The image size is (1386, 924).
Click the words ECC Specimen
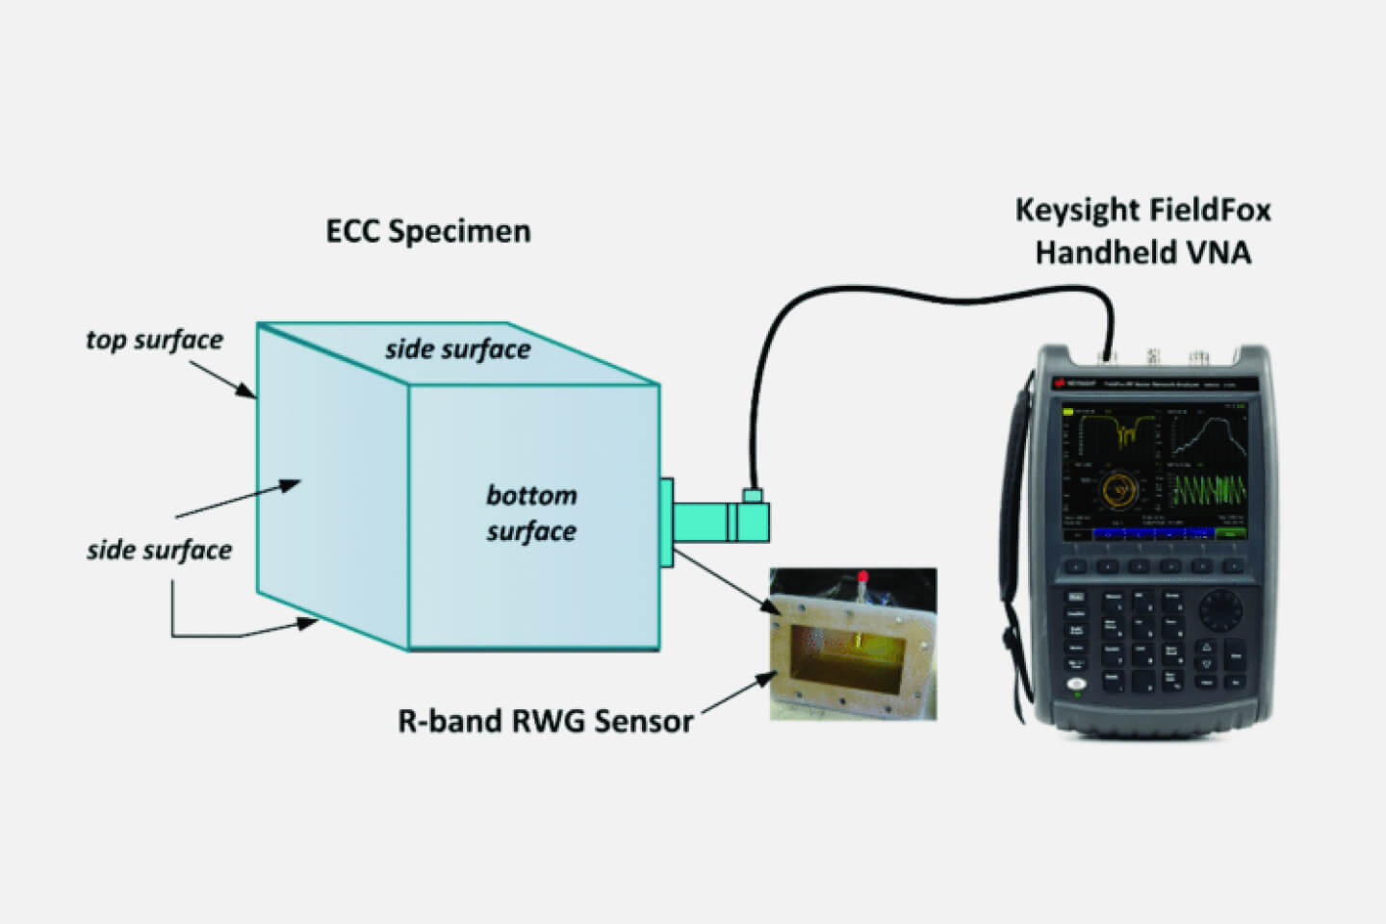[x=428, y=232]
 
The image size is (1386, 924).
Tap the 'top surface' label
[x=154, y=340]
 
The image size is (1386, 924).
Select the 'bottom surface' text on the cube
[x=531, y=513]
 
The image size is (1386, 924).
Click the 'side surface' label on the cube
[x=458, y=349]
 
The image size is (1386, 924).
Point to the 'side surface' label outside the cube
[x=159, y=551]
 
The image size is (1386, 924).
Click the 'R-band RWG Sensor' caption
[x=545, y=721]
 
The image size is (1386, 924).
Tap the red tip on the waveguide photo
[x=863, y=577]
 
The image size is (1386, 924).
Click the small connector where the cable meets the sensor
[x=752, y=496]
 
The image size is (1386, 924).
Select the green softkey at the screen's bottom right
[x=1230, y=532]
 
